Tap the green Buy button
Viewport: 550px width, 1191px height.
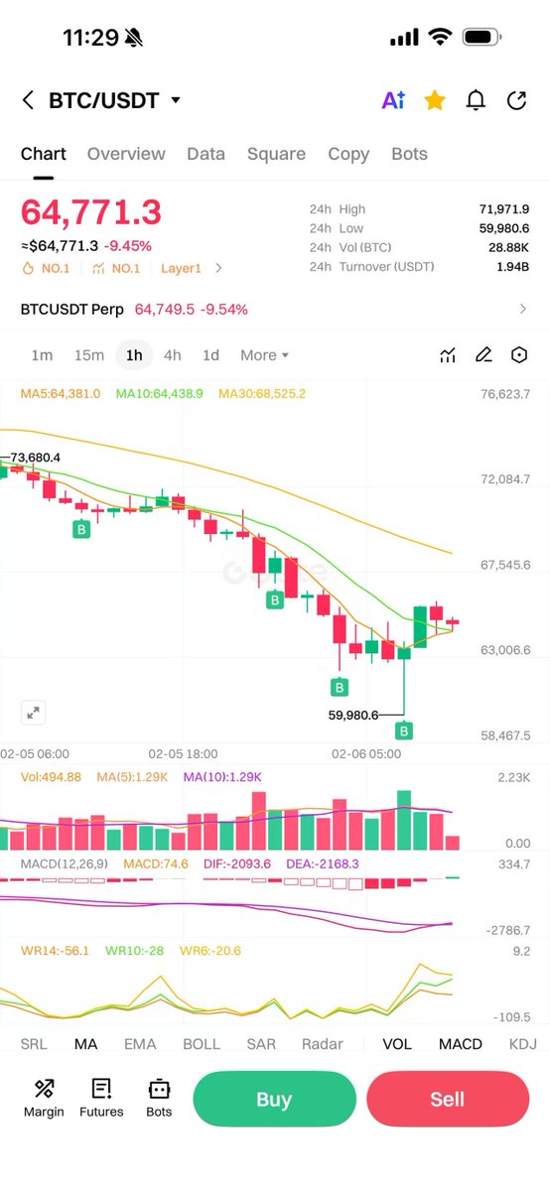pyautogui.click(x=274, y=1099)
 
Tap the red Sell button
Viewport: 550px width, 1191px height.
pyautogui.click(x=447, y=1099)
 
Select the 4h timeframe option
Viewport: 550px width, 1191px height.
pyautogui.click(x=173, y=355)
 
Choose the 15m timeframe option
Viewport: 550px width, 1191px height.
pyautogui.click(x=89, y=355)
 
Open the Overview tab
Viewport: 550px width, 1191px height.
pyautogui.click(x=126, y=154)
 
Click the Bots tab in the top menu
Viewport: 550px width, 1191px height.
pyautogui.click(x=409, y=154)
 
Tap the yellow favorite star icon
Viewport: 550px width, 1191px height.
pyautogui.click(x=435, y=100)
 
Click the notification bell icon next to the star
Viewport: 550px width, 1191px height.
pyautogui.click(x=477, y=100)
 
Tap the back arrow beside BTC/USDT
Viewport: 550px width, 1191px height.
pyautogui.click(x=28, y=100)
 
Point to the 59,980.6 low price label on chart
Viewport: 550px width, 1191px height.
pyautogui.click(x=353, y=715)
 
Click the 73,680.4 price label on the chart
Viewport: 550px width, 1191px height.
pyautogui.click(x=36, y=458)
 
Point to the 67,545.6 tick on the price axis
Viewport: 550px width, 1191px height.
pyautogui.click(x=505, y=565)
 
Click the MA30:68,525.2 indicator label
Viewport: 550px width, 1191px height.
pyautogui.click(x=262, y=394)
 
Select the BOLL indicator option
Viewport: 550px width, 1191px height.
pyautogui.click(x=202, y=1044)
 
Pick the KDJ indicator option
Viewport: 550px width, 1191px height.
pyautogui.click(x=522, y=1044)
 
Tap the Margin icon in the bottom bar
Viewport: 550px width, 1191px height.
pyautogui.click(x=44, y=1098)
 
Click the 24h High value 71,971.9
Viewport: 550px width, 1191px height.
pyautogui.click(x=503, y=209)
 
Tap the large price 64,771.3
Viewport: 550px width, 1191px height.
pyautogui.click(x=90, y=212)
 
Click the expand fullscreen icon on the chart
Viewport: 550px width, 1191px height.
pyautogui.click(x=34, y=712)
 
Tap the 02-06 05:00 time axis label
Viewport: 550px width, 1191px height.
pyautogui.click(x=366, y=754)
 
